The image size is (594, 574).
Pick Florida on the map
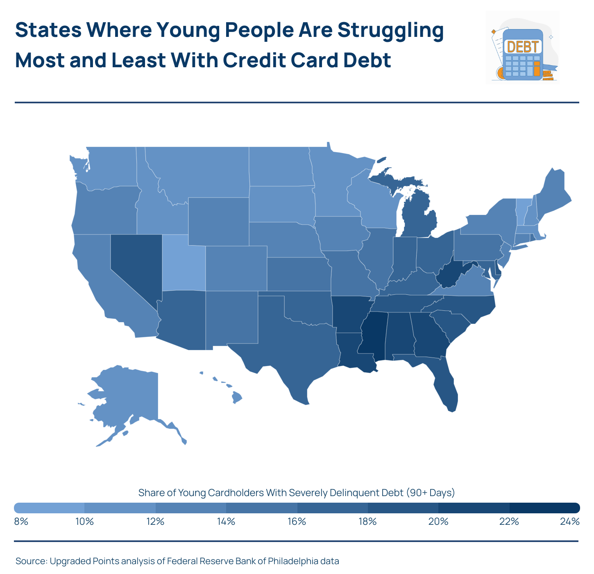coord(444,385)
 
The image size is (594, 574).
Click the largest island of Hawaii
coord(237,397)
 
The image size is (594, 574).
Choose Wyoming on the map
coord(218,221)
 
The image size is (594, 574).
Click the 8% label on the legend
coord(21,522)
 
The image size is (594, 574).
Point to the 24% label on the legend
coord(570,522)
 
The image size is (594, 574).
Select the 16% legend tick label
coord(297,522)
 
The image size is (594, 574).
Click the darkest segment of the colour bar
coord(544,508)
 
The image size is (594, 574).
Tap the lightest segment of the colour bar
coord(49,508)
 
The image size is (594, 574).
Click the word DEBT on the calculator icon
coord(522,47)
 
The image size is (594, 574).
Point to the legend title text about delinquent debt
coord(297,492)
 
